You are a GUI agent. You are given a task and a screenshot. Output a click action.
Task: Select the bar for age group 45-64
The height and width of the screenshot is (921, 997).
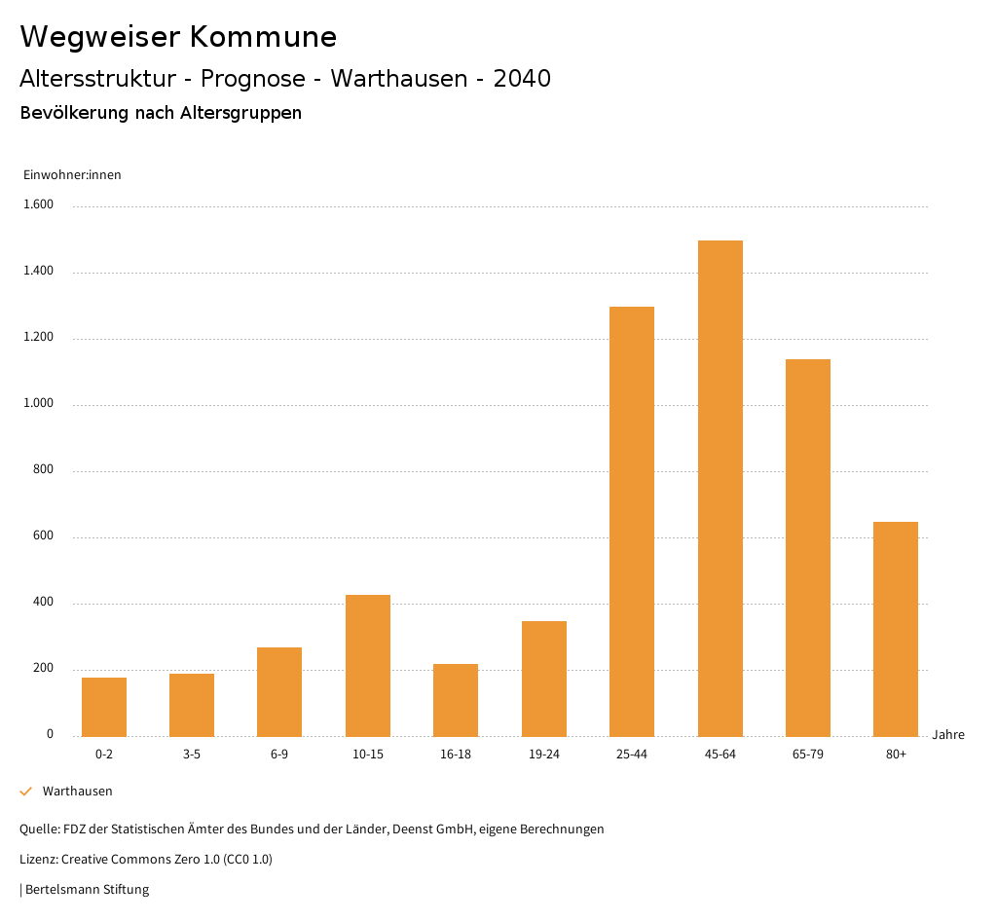[x=720, y=488]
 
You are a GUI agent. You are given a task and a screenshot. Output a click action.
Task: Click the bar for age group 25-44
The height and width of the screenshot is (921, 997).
[x=632, y=521]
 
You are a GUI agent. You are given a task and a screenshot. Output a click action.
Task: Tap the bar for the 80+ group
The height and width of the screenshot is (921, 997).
[x=896, y=629]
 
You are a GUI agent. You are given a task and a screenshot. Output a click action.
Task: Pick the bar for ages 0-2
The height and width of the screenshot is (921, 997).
[x=104, y=707]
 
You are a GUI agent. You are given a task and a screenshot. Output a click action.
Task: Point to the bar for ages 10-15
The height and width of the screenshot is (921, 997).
[x=368, y=665]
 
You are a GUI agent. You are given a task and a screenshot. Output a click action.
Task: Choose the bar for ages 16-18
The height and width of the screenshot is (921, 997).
[x=456, y=700]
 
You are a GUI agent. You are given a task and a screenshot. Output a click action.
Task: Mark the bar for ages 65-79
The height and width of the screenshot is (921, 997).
[x=808, y=547]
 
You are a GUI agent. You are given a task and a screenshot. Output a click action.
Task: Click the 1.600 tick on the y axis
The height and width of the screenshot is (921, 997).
[x=39, y=205]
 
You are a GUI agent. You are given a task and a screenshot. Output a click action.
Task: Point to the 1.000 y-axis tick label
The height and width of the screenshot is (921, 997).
[x=39, y=404]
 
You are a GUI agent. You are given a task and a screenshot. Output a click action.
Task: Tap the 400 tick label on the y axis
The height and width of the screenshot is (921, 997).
[x=44, y=603]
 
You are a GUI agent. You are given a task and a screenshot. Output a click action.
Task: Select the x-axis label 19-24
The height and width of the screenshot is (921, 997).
[x=543, y=755]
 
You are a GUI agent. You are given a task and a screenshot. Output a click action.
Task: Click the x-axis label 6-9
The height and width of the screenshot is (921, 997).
[x=279, y=755]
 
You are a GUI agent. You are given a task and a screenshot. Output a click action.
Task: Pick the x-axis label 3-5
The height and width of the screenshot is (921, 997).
[x=192, y=755]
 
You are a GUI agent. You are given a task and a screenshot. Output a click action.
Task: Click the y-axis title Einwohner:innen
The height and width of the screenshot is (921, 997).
[x=72, y=175]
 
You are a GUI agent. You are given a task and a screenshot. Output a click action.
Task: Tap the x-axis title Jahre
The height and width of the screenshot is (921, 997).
[x=947, y=735]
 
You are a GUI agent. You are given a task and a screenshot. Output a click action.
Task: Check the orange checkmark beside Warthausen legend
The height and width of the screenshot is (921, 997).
[x=26, y=792]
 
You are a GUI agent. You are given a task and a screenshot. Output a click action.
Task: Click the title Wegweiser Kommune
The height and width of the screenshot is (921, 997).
[x=178, y=37]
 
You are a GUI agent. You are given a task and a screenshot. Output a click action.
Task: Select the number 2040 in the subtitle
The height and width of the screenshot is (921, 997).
[x=522, y=79]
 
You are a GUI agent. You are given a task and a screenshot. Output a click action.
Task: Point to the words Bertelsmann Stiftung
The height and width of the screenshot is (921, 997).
[x=87, y=890]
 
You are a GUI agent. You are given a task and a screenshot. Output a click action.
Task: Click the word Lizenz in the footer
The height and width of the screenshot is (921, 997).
[x=37, y=860]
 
